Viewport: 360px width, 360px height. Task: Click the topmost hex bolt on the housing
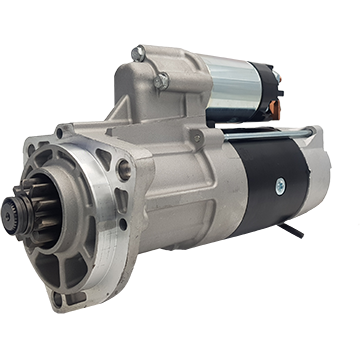point(138,53)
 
